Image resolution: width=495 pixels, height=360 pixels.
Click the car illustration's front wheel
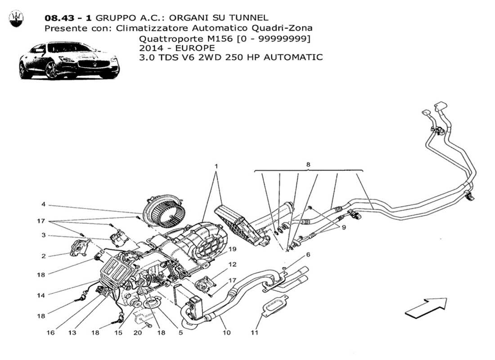click(x=53, y=71)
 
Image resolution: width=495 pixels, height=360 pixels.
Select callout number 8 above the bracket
click(x=308, y=165)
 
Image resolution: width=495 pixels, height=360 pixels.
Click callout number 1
click(x=216, y=166)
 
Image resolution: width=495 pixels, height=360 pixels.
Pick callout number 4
click(x=44, y=205)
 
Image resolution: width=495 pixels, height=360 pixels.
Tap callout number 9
click(x=343, y=228)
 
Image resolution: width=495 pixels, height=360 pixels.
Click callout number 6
click(x=308, y=255)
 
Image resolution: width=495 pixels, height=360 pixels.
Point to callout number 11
click(x=255, y=333)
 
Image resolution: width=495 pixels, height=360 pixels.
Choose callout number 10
click(x=226, y=333)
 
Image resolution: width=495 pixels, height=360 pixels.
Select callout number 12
click(x=232, y=265)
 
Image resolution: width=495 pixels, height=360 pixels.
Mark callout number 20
click(x=138, y=333)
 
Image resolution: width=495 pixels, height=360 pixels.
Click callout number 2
click(x=44, y=256)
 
